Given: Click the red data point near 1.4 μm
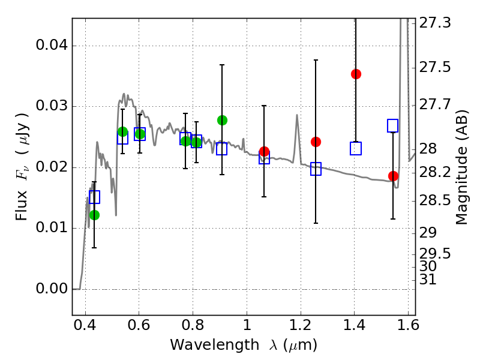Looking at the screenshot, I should (x=356, y=74).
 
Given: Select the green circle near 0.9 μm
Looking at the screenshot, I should (x=222, y=120).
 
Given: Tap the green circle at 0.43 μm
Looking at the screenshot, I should (x=94, y=215).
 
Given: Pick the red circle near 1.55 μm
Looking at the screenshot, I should (x=393, y=176).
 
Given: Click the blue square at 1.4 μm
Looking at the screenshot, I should (x=356, y=149).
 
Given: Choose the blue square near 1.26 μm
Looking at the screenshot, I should (x=316, y=169).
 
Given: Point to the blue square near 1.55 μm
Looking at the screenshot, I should (x=393, y=125).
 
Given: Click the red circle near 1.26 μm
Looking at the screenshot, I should (x=316, y=142).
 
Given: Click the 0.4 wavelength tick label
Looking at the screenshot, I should (x=85, y=327).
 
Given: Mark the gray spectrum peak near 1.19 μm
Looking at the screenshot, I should (x=296, y=115).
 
